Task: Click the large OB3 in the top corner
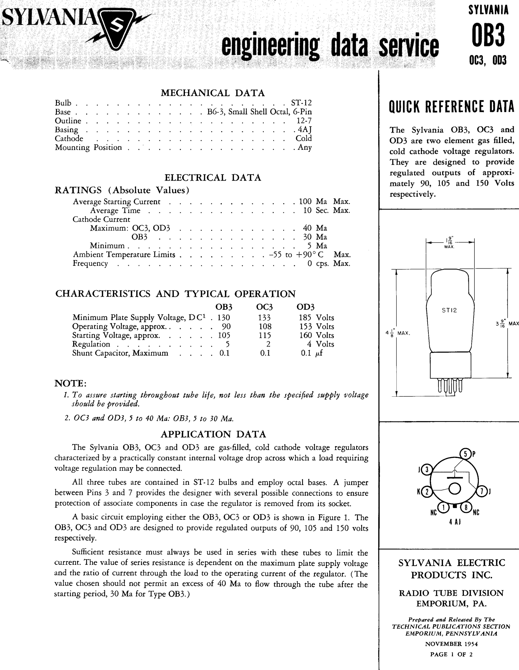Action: coord(488,35)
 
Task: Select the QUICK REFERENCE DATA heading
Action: coord(451,107)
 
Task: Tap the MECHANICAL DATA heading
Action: coord(213,93)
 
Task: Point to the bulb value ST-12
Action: coord(301,103)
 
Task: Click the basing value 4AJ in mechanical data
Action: coord(305,129)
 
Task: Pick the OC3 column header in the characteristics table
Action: coord(264,307)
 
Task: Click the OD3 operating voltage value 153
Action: coord(306,326)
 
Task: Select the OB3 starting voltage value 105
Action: coord(224,335)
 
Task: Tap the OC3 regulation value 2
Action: coord(268,344)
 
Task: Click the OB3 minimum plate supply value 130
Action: coord(224,318)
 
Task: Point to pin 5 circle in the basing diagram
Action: coord(465,454)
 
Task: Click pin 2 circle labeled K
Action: coord(426,492)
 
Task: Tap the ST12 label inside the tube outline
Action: coord(449,310)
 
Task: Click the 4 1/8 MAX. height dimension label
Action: coord(398,333)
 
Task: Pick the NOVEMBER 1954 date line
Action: coord(451,644)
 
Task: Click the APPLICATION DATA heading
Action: coord(213,434)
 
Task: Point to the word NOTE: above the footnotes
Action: coord(70,383)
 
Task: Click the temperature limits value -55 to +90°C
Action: coord(296,255)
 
